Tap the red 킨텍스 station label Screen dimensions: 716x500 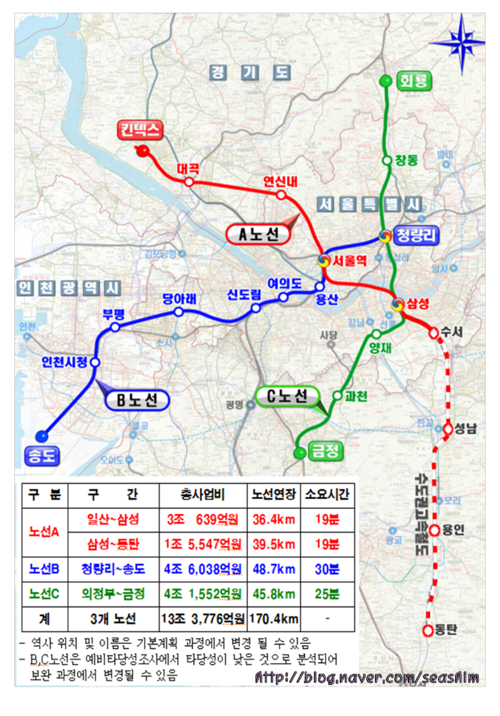(141, 129)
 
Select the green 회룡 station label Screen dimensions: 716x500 (414, 81)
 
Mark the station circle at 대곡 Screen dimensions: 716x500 (189, 182)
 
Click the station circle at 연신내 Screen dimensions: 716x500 (281, 194)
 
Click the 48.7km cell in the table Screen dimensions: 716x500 (271, 570)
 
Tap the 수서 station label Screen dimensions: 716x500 (453, 332)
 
